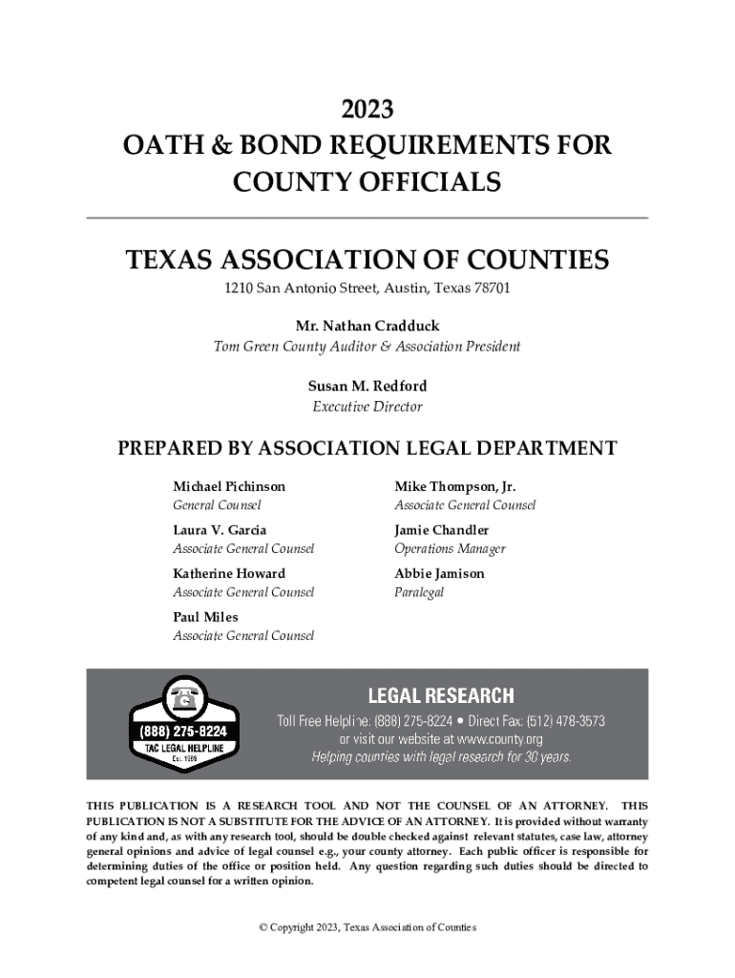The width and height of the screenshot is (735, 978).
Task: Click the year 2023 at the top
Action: click(367, 110)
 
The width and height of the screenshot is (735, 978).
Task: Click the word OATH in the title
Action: click(160, 146)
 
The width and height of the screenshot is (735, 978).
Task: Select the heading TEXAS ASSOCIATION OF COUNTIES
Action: click(367, 260)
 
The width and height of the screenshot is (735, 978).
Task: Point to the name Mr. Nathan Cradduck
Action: click(367, 326)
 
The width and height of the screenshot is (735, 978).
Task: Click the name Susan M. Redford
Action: click(367, 386)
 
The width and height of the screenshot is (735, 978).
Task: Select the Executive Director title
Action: click(367, 407)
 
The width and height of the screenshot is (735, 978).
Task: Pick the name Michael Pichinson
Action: click(228, 486)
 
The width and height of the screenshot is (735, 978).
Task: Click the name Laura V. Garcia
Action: click(220, 529)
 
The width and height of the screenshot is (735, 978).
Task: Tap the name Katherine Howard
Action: click(228, 573)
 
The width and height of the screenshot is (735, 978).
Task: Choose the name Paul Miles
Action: click(205, 617)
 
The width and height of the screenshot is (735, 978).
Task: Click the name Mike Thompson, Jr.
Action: click(454, 486)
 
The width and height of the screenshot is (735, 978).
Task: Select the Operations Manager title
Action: click(450, 549)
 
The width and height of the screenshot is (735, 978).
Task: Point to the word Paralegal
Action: click(419, 593)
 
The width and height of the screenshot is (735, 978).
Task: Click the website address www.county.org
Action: click(487, 739)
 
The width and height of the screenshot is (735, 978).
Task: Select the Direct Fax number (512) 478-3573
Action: click(557, 720)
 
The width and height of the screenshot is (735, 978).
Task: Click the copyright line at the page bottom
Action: click(367, 927)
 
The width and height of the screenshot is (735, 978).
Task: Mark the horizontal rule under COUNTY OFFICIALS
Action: click(367, 218)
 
